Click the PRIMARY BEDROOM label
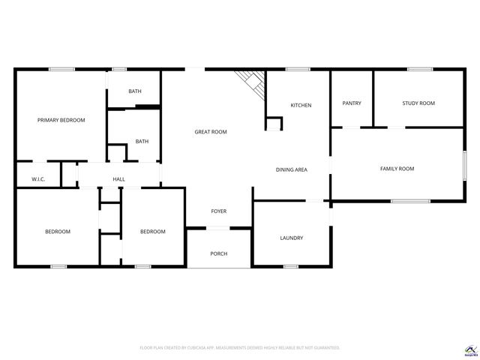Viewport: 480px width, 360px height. [61, 120]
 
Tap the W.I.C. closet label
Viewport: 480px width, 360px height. [39, 179]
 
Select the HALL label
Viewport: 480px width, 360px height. [118, 179]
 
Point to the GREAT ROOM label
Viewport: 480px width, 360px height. [211, 132]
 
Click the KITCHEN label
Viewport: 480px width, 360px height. [301, 105]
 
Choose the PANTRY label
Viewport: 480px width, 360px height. [352, 103]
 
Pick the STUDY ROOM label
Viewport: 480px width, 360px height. [418, 103]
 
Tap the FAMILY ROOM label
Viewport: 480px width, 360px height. [397, 169]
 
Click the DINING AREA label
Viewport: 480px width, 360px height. [292, 169]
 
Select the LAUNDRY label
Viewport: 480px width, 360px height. [291, 238]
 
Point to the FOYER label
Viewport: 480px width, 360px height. [218, 211]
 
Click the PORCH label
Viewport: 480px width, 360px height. [218, 253]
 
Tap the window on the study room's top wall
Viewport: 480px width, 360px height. [419, 70]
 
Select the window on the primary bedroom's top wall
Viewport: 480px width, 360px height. [61, 70]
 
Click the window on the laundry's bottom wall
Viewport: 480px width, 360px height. [291, 265]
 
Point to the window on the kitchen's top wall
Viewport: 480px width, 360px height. [298, 70]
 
